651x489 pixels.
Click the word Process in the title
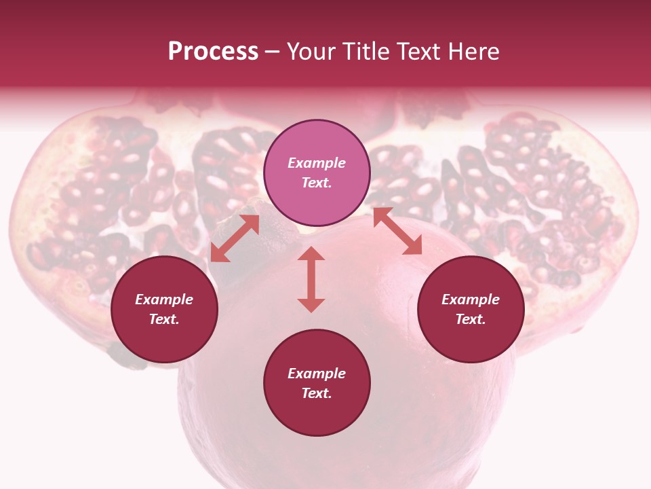point(213,52)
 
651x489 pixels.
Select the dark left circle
point(164,309)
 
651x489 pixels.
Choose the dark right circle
point(471,309)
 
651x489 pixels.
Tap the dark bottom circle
point(317,383)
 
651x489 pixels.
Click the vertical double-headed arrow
point(311,279)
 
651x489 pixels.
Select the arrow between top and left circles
point(235,238)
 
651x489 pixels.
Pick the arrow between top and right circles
point(397,231)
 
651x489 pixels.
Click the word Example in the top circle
point(317,163)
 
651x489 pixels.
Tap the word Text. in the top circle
point(317,183)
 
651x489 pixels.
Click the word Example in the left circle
point(164,300)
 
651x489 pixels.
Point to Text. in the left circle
point(164,319)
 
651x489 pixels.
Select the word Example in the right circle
point(471,300)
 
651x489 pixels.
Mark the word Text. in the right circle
point(471,319)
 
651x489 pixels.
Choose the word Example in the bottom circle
point(317,374)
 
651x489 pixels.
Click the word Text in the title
point(420,52)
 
